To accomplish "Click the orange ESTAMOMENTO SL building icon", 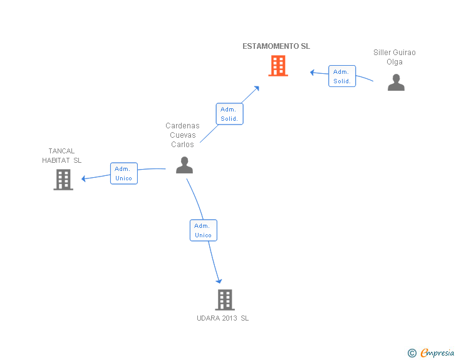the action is (278, 66).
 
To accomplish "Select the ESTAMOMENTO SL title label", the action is (276, 46).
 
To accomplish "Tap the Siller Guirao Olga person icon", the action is (396, 82).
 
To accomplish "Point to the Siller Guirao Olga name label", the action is (395, 57).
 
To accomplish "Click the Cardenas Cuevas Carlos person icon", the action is (184, 165).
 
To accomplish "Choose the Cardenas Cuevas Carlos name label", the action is (182, 135).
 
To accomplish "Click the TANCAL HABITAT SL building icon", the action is (63, 180).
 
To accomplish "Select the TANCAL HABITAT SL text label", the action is (61, 155).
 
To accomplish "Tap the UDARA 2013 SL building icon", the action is (225, 300).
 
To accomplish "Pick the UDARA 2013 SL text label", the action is (223, 318).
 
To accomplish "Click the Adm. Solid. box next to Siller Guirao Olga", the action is (342, 76).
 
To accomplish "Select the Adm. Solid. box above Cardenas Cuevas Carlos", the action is (229, 114).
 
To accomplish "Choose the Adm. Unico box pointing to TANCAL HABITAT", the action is (124, 173).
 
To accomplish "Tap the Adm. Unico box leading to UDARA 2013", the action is (204, 230).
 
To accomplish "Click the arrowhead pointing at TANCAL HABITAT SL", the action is (83, 178).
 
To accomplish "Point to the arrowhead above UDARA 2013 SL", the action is (219, 281).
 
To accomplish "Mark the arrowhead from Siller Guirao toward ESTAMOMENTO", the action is (312, 72).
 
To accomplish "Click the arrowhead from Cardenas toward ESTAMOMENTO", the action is (257, 88).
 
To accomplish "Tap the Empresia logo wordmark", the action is (437, 352).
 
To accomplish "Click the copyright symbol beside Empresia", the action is (412, 353).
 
